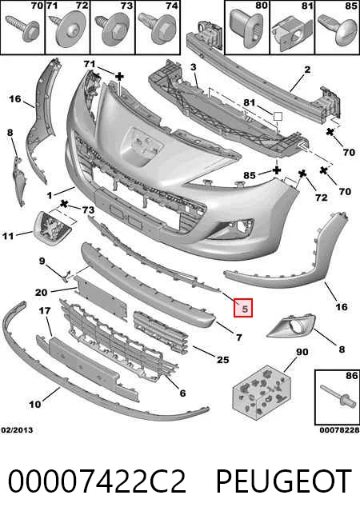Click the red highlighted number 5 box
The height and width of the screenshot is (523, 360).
pyautogui.click(x=243, y=308)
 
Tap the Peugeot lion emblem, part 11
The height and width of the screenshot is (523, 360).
pyautogui.click(x=54, y=228)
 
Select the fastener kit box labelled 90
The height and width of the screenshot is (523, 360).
pyautogui.click(x=262, y=392)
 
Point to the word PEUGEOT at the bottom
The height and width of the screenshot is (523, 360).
pyautogui.click(x=283, y=481)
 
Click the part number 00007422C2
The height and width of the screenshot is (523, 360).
pyautogui.click(x=97, y=481)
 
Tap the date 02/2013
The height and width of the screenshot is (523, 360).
pyautogui.click(x=17, y=430)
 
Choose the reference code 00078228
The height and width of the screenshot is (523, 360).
pyautogui.click(x=339, y=430)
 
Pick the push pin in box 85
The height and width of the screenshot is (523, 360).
pyautogui.click(x=337, y=30)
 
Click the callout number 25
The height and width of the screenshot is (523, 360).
pyautogui.click(x=222, y=360)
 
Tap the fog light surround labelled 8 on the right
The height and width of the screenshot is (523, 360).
pyautogui.click(x=291, y=325)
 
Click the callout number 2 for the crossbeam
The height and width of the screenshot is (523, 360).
pyautogui.click(x=307, y=70)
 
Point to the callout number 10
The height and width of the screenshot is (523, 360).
pyautogui.click(x=34, y=405)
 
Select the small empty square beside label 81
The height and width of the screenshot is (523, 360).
pyautogui.click(x=278, y=117)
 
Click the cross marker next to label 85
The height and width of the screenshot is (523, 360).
pyautogui.click(x=276, y=171)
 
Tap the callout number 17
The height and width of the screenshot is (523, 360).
pyautogui.click(x=45, y=311)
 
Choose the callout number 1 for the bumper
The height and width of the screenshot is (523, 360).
pyautogui.click(x=50, y=195)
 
